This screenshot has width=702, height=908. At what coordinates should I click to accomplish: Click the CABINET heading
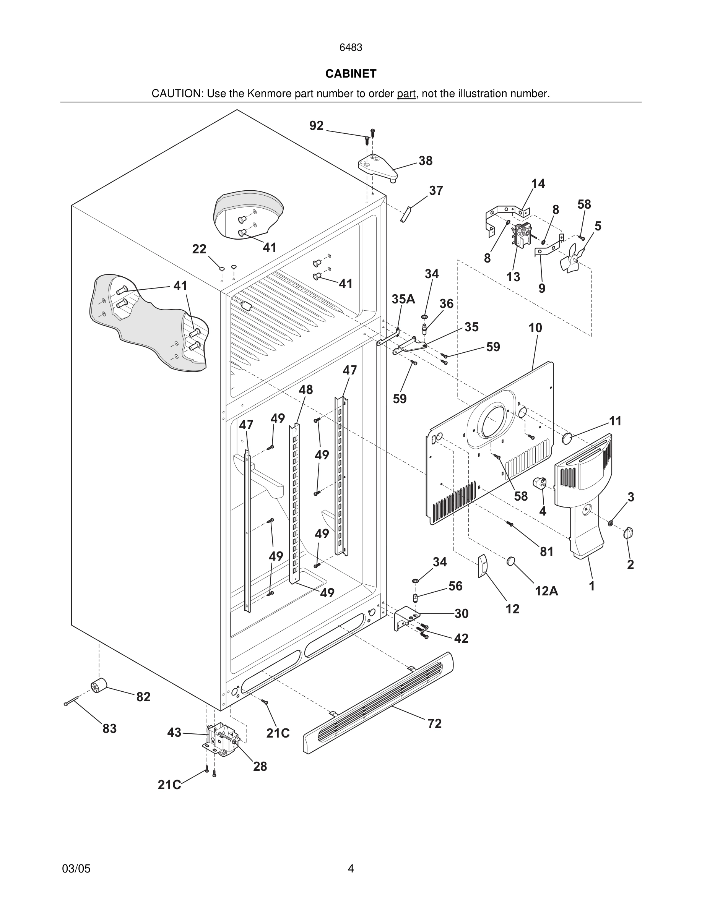tap(351, 74)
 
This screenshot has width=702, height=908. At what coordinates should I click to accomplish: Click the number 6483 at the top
tap(351, 48)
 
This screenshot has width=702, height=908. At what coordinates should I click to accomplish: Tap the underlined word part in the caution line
tap(406, 94)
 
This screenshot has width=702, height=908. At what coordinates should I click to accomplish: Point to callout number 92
tap(316, 126)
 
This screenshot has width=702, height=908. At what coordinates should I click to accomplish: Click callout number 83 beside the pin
tap(109, 728)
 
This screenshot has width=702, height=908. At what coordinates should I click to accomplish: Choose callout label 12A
tap(546, 591)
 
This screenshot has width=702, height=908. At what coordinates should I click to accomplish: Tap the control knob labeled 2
tap(628, 533)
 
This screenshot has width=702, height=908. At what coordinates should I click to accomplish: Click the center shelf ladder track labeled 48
tap(294, 503)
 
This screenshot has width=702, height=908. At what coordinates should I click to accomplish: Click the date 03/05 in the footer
tap(76, 869)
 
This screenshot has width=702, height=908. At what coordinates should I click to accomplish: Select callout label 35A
tap(403, 299)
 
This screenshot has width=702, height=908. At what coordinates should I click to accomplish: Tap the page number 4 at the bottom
tap(351, 869)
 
